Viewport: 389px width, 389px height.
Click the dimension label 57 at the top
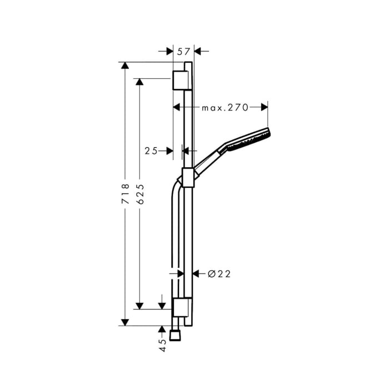184,52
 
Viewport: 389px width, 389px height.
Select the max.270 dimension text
225,107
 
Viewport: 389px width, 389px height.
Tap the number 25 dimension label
151,151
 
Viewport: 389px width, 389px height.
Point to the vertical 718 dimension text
126,194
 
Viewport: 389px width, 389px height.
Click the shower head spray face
268,137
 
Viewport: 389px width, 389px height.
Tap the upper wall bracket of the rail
182,80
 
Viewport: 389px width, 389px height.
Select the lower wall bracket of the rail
182,307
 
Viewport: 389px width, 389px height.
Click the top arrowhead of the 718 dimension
125,66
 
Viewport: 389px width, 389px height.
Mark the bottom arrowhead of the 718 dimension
125,322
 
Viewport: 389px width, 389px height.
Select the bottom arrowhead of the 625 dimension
139,306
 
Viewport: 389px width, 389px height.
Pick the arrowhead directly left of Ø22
196,273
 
